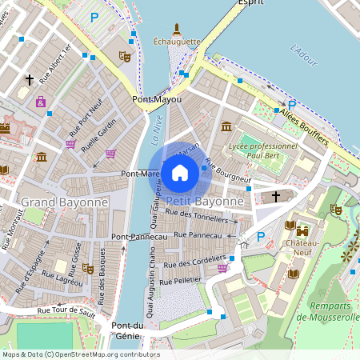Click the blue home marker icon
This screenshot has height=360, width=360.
click(x=180, y=172)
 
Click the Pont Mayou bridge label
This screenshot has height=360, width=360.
click(x=157, y=99)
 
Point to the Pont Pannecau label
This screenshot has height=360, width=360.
click(x=138, y=237)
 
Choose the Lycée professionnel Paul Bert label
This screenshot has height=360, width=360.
click(x=262, y=151)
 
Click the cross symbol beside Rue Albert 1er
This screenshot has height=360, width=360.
click(x=30, y=79)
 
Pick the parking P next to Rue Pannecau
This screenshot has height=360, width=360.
click(x=260, y=237)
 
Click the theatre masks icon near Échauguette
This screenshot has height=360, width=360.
click(x=124, y=57)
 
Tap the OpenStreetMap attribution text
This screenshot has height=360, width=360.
click(x=80, y=354)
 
